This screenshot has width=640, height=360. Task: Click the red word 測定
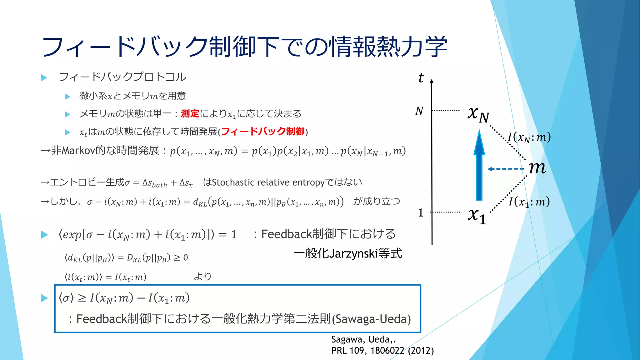pyautogui.click(x=190, y=114)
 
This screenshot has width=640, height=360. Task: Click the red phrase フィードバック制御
pyautogui.click(x=263, y=132)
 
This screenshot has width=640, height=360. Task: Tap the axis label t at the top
pyautogui.click(x=421, y=78)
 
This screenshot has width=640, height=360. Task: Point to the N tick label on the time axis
pyautogui.click(x=419, y=111)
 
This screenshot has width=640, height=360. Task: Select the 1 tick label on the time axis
pyautogui.click(x=421, y=213)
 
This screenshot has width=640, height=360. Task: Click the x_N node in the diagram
pyautogui.click(x=478, y=114)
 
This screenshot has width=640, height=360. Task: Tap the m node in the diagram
pyautogui.click(x=537, y=168)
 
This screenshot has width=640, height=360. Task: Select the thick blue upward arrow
pyautogui.click(x=479, y=166)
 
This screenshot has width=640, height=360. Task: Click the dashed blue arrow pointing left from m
pyautogui.click(x=506, y=169)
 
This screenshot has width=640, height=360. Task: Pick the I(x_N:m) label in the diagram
pyautogui.click(x=529, y=137)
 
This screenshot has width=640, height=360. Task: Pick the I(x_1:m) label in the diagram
pyautogui.click(x=529, y=202)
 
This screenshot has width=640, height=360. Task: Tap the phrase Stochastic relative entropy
pyautogui.click(x=268, y=182)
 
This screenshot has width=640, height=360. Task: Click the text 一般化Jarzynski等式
pyautogui.click(x=347, y=253)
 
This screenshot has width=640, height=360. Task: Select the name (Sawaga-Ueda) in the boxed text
pyautogui.click(x=371, y=319)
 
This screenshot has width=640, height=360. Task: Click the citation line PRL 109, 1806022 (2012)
pyautogui.click(x=382, y=351)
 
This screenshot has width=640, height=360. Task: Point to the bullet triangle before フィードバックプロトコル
pyautogui.click(x=44, y=77)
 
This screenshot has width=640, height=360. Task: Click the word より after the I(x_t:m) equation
pyautogui.click(x=202, y=277)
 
